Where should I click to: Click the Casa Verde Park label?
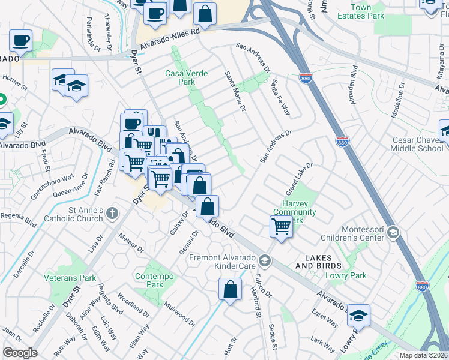pos(187,77)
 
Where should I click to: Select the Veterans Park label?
pos(70,278)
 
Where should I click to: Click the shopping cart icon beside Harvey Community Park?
pos(280,227)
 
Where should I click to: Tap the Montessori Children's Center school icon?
pos(393,233)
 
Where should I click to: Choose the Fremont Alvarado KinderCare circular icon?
pos(265,260)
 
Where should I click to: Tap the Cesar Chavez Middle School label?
pos(418,144)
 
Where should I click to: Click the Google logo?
pos(20,352)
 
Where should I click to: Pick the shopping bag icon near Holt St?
pos(231,289)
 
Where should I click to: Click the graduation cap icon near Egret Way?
pos(358,314)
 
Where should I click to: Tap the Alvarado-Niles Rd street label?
pos(170,41)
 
